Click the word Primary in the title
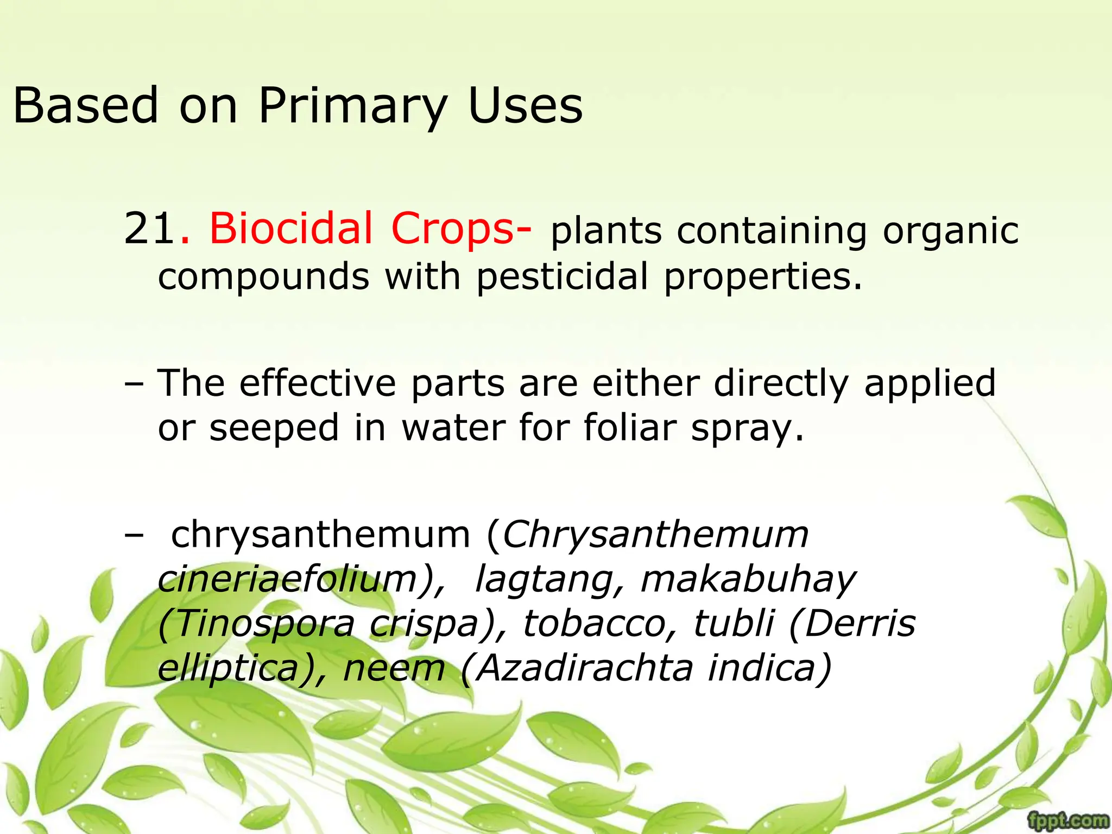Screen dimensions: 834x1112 click(352, 106)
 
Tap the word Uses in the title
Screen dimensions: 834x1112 click(525, 105)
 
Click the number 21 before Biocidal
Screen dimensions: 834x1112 click(149, 229)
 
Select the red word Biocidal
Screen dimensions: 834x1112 click(291, 228)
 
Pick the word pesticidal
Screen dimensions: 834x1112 click(562, 277)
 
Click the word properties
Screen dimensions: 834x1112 click(763, 277)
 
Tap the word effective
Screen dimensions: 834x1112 click(318, 383)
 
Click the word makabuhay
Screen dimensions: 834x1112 click(748, 579)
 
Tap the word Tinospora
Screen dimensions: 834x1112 click(256, 624)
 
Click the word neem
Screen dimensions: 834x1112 click(394, 668)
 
